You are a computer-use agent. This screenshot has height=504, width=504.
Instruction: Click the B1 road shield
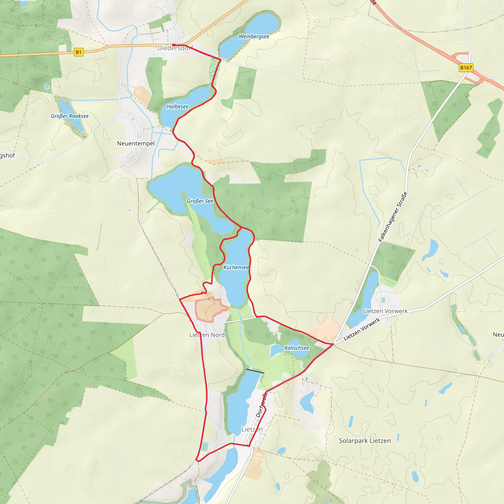click(79, 52)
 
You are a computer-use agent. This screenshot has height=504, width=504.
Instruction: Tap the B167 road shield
click(466, 68)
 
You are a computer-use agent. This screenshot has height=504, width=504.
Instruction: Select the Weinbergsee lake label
click(254, 36)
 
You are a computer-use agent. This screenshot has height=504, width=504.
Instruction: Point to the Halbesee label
click(177, 107)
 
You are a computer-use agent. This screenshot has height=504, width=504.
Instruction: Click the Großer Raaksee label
click(70, 116)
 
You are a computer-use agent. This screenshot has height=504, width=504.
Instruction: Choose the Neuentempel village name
click(136, 143)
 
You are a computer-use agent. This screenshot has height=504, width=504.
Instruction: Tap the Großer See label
click(200, 201)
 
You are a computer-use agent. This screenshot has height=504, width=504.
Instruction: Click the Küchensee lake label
click(236, 268)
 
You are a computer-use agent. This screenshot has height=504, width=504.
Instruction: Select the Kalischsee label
click(297, 348)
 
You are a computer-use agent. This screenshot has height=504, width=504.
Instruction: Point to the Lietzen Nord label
click(207, 335)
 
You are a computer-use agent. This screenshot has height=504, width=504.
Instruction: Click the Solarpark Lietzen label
click(365, 441)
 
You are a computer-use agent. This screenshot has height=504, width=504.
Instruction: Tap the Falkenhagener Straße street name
click(393, 217)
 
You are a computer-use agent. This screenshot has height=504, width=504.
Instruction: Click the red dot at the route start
click(173, 45)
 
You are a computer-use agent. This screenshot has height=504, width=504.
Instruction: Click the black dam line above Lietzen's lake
click(255, 371)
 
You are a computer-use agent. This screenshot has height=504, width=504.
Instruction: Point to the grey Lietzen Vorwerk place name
click(385, 311)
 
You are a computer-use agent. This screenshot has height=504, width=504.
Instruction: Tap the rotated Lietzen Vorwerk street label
click(362, 330)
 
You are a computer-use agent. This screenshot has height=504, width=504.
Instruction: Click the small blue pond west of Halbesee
click(47, 86)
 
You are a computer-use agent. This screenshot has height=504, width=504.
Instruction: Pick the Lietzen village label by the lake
click(252, 429)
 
